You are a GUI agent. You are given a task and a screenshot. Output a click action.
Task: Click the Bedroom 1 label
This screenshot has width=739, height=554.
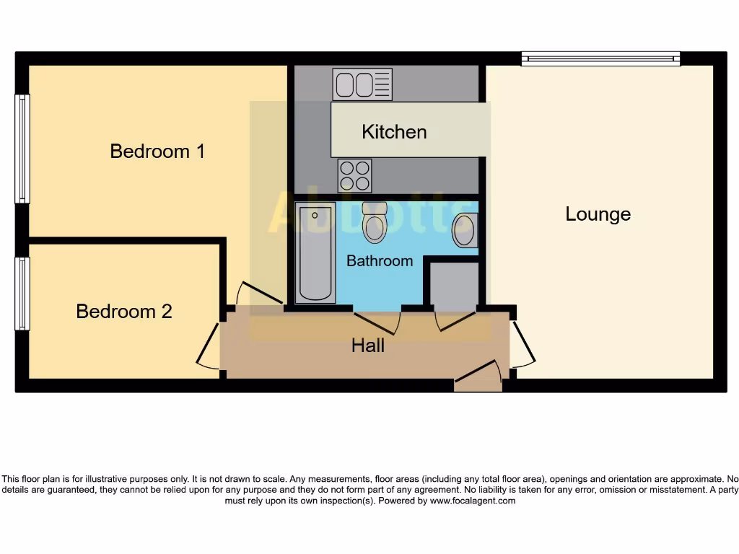click(157, 151)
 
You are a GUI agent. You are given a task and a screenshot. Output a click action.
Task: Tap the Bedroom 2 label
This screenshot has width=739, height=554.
click(124, 311)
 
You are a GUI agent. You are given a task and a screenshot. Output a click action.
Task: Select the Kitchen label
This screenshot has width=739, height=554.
click(394, 132)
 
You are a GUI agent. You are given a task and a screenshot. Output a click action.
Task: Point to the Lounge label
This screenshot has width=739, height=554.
click(598, 214)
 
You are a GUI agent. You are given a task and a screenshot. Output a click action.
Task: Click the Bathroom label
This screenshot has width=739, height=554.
click(380, 261)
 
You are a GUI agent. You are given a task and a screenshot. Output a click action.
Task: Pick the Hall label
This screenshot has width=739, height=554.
click(368, 346)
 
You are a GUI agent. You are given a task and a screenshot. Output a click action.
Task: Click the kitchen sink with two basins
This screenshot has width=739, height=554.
click(362, 84)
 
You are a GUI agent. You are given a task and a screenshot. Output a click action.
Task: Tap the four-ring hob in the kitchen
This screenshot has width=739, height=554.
click(354, 175)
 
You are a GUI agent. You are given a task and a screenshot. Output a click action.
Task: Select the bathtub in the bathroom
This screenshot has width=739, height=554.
click(315, 252)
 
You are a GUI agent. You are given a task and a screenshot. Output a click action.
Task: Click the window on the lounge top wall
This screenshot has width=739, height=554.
click(600, 58)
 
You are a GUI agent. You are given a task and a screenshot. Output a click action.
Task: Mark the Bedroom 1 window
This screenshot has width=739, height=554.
click(22, 149)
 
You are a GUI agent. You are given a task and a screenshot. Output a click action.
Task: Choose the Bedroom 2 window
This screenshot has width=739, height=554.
click(22, 294)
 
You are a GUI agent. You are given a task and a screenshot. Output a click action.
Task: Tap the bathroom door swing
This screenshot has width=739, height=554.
click(377, 322)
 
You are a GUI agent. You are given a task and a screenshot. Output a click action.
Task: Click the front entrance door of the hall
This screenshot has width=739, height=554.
click(478, 375)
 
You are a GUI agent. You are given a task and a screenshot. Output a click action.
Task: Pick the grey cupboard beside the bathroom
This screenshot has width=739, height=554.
click(455, 286)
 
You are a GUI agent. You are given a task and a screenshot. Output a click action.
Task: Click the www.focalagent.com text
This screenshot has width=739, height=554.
click(473, 501)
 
